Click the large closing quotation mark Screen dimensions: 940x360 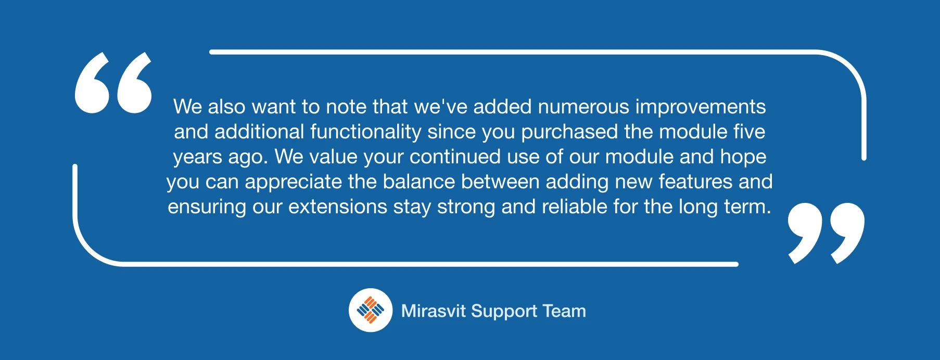point(826,233)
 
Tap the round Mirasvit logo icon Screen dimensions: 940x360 point(371,310)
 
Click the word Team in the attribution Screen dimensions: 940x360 point(564,311)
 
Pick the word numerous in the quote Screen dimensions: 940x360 point(583,107)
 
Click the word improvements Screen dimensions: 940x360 point(701,107)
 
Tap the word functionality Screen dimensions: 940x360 point(366,132)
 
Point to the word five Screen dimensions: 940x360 point(750,132)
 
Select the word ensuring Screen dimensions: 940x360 point(207,207)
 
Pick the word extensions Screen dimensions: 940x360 point(338,207)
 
